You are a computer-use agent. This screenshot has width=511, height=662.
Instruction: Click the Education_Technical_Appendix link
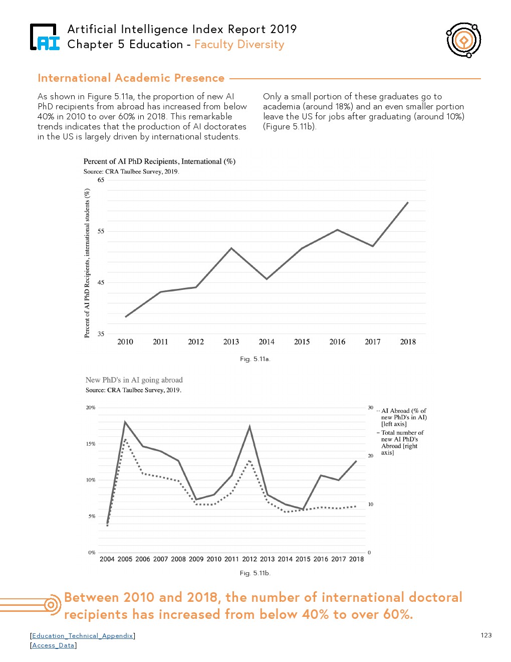[83, 636]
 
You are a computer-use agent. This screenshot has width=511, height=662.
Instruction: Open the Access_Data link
[53, 645]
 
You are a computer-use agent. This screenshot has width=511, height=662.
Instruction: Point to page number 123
[486, 635]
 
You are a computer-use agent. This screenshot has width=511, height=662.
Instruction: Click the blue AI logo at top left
[45, 38]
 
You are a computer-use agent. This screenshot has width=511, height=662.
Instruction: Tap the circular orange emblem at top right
[464, 40]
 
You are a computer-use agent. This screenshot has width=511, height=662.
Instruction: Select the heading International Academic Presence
[131, 78]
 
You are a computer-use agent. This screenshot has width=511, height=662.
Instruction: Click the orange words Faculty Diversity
[239, 45]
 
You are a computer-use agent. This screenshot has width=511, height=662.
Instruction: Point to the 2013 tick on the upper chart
[231, 342]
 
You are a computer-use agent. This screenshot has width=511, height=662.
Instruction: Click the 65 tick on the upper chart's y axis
[101, 180]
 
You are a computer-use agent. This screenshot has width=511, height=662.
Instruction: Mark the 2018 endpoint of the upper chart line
[408, 203]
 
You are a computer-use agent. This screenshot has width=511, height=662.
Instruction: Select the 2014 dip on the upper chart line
[267, 279]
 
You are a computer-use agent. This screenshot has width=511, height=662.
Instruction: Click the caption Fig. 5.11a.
[255, 359]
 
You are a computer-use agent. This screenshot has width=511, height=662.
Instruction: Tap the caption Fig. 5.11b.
[255, 573]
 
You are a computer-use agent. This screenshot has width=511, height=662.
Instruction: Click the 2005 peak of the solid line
[125, 422]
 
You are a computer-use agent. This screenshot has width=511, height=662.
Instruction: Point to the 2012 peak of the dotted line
[249, 460]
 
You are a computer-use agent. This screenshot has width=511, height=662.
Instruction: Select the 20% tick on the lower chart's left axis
[90, 408]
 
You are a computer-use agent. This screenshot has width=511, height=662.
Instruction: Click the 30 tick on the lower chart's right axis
[370, 408]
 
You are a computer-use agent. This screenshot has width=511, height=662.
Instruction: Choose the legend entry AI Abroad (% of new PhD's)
[403, 417]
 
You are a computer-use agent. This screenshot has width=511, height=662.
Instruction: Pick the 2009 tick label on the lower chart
[196, 559]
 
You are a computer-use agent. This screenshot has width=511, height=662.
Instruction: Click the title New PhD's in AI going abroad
[134, 380]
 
